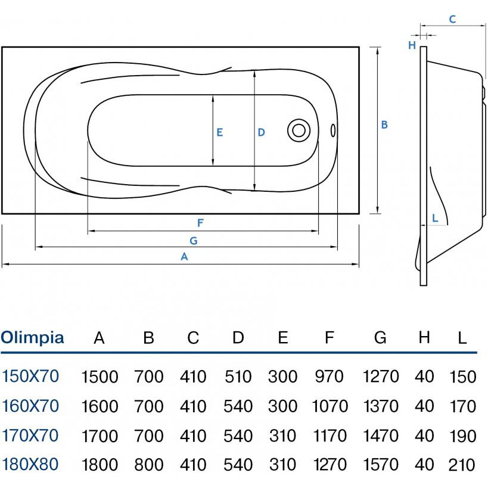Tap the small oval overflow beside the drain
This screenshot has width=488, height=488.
[x=332, y=130]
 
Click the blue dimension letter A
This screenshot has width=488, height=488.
[x=184, y=257]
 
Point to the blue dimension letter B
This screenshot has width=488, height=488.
[x=384, y=125]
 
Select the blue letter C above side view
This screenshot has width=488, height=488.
[x=452, y=20]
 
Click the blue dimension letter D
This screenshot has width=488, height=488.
[x=261, y=132]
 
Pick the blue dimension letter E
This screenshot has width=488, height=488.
[x=219, y=132]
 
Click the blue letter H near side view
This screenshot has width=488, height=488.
[x=412, y=45]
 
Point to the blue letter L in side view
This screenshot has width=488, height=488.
[x=435, y=218]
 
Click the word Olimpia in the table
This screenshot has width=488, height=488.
[x=32, y=338]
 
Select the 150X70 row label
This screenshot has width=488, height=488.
[x=30, y=376]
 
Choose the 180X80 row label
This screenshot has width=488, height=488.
[x=30, y=464]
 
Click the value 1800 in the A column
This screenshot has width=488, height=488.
[x=100, y=465]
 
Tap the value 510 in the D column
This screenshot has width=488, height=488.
[x=238, y=377]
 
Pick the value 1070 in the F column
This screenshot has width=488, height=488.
[x=330, y=406]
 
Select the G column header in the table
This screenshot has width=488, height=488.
[x=380, y=338]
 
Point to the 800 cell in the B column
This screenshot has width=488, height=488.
[x=149, y=465]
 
